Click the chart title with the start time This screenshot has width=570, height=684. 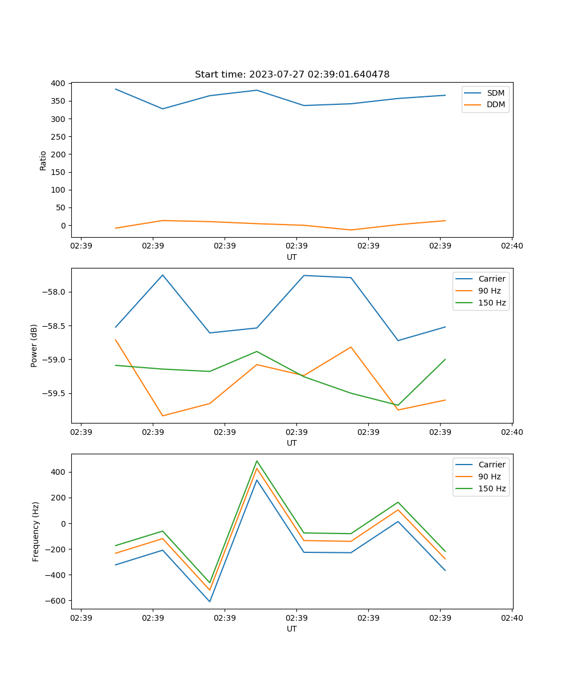pyautogui.click(x=292, y=75)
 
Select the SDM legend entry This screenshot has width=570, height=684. pyautogui.click(x=495, y=93)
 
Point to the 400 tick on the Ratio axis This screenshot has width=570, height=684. pyautogui.click(x=57, y=83)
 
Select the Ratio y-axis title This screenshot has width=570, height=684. pyautogui.click(x=43, y=160)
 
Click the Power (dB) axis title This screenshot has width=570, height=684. pyautogui.click(x=34, y=345)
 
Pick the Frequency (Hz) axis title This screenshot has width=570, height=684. pyautogui.click(x=36, y=531)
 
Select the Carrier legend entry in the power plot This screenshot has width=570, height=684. pyautogui.click(x=492, y=279)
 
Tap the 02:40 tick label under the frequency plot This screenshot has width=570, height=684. pyautogui.click(x=511, y=618)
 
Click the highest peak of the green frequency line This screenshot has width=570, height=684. pyautogui.click(x=257, y=461)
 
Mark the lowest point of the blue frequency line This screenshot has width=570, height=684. pyautogui.click(x=210, y=601)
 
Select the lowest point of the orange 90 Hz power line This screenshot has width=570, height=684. pyautogui.click(x=162, y=416)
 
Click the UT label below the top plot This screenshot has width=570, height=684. pyautogui.click(x=292, y=257)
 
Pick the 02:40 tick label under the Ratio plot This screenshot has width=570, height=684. pyautogui.click(x=511, y=246)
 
